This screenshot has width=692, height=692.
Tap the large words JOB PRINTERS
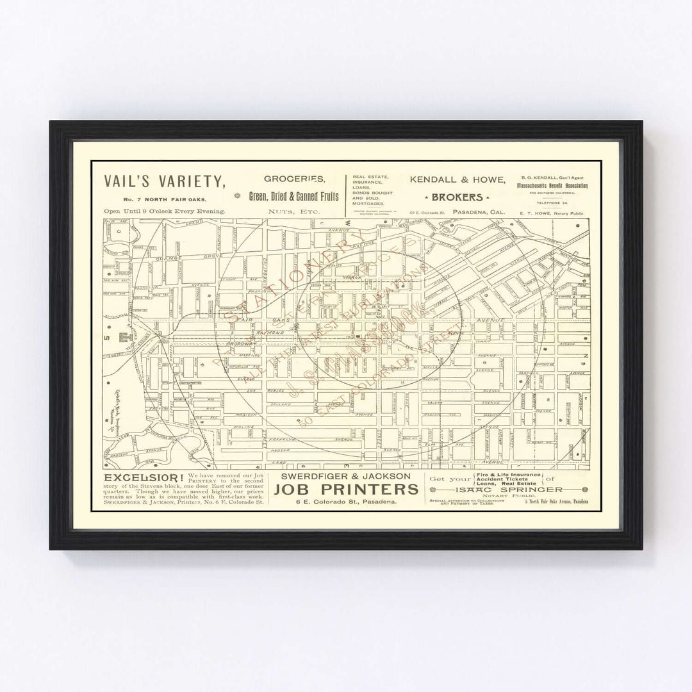tap(346, 490)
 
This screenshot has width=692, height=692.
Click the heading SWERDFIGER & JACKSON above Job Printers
tap(345, 476)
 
